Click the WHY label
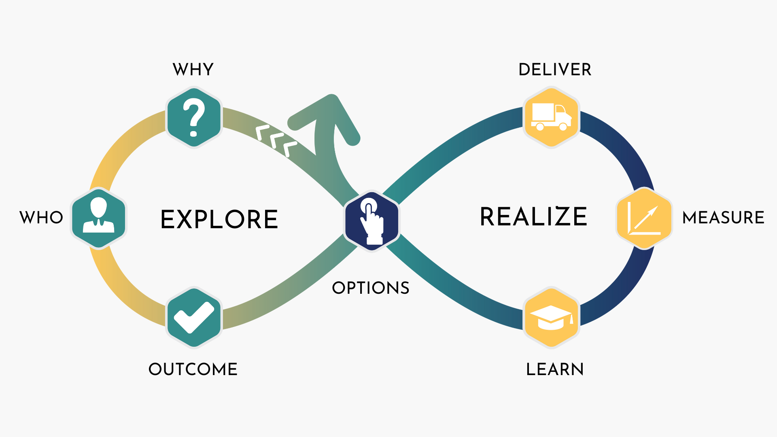pos(193,70)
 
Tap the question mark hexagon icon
pos(194,117)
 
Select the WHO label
pos(41,218)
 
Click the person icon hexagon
pos(99,218)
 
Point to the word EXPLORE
pos(219,219)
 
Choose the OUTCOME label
pos(193,369)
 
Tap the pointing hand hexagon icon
pos(372,221)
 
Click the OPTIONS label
pos(371,288)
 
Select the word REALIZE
pos(533,216)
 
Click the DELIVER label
pos(555,70)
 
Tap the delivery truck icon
pos(551,117)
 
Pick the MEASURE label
pos(723,218)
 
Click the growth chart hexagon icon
pos(644,218)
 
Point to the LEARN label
pos(555,369)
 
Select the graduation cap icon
pos(551,318)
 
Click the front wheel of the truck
pos(563,126)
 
